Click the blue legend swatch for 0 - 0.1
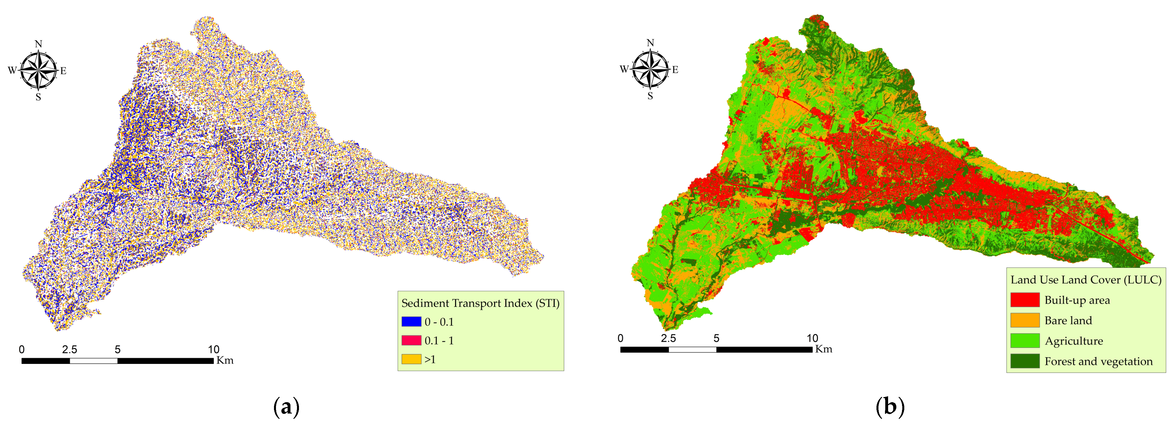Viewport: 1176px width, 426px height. [411, 322]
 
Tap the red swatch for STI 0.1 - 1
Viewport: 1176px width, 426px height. [411, 340]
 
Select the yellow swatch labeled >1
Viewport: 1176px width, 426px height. [411, 359]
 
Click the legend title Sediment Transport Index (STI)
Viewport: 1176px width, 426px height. [480, 303]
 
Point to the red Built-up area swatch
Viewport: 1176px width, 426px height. [1024, 300]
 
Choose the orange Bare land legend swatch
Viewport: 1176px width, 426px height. [1024, 320]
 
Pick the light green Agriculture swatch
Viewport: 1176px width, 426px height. [1024, 341]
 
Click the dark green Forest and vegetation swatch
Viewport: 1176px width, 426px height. [1024, 361]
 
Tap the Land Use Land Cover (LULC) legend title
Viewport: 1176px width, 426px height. [1086, 280]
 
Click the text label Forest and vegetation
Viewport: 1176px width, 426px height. [1098, 361]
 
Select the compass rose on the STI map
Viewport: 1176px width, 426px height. [38, 71]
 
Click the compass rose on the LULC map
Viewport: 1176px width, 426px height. [650, 69]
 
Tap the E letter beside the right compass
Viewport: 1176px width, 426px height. [675, 70]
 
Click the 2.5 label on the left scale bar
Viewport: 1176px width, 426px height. [69, 349]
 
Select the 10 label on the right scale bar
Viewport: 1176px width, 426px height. [812, 338]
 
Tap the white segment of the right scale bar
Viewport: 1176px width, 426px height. [692, 349]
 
